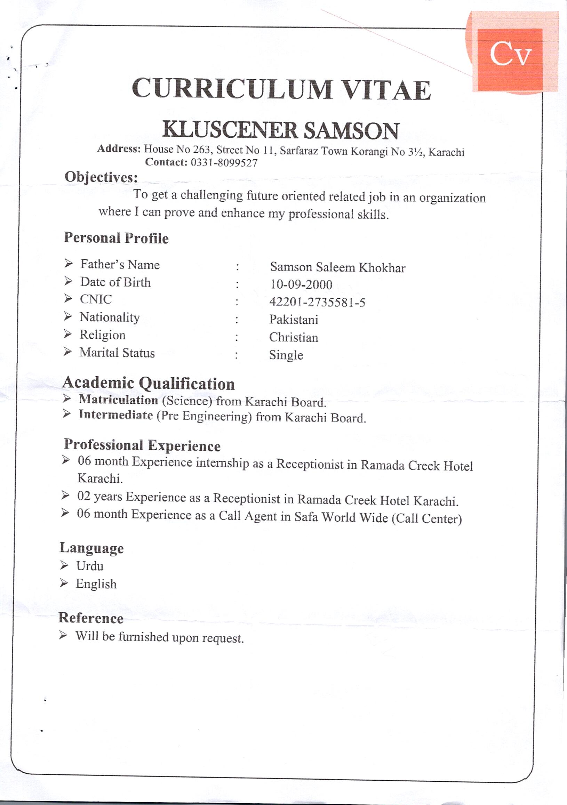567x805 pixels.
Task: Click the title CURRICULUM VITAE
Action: click(281, 89)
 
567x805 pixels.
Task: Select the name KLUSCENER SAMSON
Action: click(280, 130)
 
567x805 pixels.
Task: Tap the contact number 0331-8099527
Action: click(224, 163)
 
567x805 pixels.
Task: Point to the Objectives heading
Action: click(101, 177)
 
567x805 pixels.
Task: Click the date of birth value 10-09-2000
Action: click(301, 284)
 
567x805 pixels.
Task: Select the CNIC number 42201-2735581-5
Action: click(317, 302)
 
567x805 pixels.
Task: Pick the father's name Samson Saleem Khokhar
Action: click(337, 267)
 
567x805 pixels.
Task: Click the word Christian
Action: click(294, 337)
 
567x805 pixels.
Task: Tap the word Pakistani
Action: click(294, 320)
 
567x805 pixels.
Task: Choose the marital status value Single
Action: click(286, 355)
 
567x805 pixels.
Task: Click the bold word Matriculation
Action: click(119, 400)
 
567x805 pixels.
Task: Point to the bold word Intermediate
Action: click(116, 415)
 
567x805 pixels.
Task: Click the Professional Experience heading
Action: click(142, 445)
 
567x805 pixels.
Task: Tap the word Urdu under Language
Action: click(90, 566)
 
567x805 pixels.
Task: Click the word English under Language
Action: click(96, 584)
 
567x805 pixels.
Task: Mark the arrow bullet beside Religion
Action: click(68, 334)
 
